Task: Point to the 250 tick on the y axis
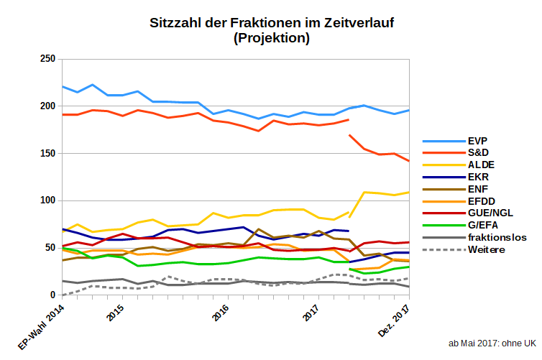[47, 59]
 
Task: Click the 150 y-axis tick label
[47, 153]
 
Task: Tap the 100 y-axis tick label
[47, 200]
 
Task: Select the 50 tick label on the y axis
[50, 248]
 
